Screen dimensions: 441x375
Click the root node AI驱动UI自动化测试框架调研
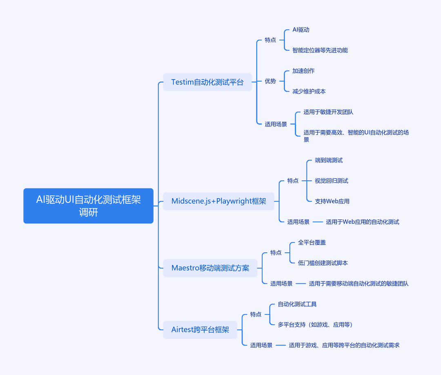(x=88, y=206)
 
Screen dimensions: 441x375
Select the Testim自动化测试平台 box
(x=207, y=82)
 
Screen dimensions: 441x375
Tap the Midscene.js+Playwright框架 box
(x=218, y=201)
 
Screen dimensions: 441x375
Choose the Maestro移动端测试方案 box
(x=210, y=268)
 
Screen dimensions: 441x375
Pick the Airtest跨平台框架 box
(x=200, y=330)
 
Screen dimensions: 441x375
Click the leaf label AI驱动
(x=301, y=29)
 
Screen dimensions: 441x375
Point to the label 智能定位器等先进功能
(x=320, y=50)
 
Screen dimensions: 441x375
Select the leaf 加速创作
(x=303, y=71)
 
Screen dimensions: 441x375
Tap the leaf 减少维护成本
(x=309, y=91)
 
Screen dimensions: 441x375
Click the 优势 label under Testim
(x=270, y=81)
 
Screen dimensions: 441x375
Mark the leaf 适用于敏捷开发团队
(x=328, y=112)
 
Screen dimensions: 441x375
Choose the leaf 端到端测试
(x=329, y=160)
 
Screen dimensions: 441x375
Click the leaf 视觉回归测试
(x=332, y=181)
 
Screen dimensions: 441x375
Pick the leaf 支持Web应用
(x=332, y=201)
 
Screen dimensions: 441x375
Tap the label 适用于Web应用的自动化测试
(x=363, y=222)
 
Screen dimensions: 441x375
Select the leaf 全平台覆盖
(x=312, y=243)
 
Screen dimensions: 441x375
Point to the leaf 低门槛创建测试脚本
(x=323, y=263)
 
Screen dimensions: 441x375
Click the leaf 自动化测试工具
(x=297, y=304)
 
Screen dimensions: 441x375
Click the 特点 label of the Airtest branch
(x=256, y=314)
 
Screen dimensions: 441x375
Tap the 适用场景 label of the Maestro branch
(x=281, y=283)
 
